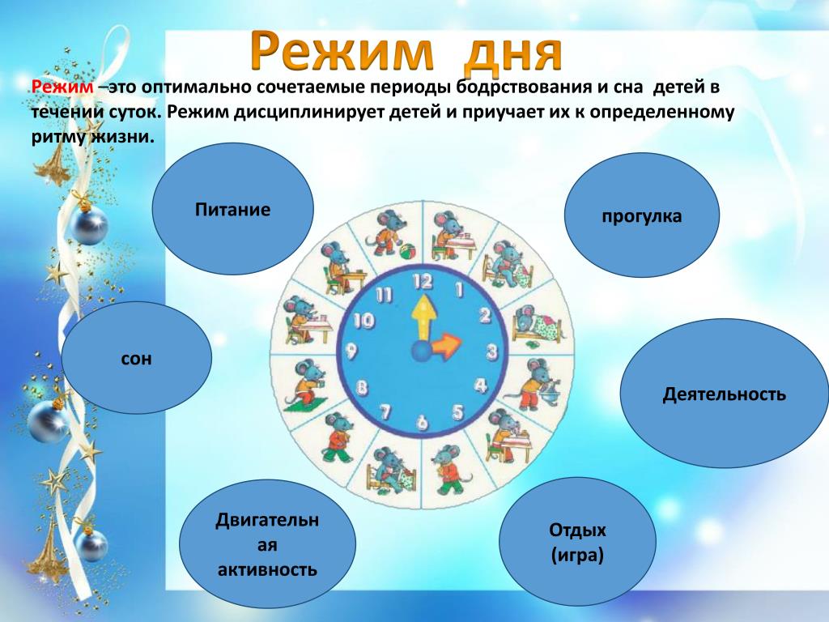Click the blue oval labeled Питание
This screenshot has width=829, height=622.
coord(232,209)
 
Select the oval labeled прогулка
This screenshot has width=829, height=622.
coord(642,215)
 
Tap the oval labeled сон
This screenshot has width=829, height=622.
coord(136,358)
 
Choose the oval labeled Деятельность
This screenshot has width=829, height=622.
coord(725,394)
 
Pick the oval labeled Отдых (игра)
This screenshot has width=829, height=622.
coord(577,542)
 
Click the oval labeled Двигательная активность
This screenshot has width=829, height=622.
coord(267,544)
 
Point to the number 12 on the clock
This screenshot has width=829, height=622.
coord(423,282)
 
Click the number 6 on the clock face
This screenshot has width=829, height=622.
coord(422,422)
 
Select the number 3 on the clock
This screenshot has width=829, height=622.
coord(492,351)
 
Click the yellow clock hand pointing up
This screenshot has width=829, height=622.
coord(423,318)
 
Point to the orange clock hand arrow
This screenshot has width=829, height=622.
coord(445,345)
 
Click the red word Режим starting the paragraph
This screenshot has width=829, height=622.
coord(62,87)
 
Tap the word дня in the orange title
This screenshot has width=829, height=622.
coord(512,51)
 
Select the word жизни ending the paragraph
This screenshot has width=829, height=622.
coord(123,137)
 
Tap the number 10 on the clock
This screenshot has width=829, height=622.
coord(363,320)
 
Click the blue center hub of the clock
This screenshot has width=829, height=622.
coord(421,351)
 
